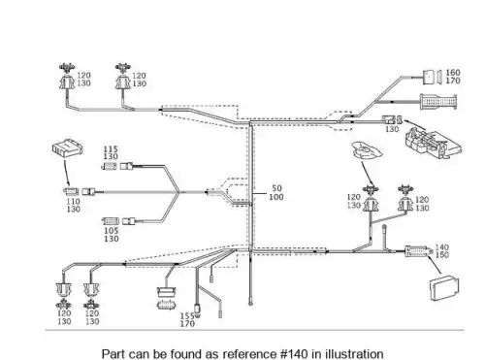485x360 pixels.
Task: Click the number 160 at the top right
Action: pyautogui.click(x=453, y=73)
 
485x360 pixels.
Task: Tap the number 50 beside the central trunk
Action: pyautogui.click(x=276, y=188)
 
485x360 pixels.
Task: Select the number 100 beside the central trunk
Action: pyautogui.click(x=276, y=197)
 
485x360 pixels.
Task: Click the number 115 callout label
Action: pyautogui.click(x=111, y=149)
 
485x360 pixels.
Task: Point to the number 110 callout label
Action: pyautogui.click(x=74, y=202)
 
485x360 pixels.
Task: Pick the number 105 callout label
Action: pyautogui.click(x=112, y=231)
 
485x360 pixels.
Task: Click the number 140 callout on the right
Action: pyautogui.click(x=442, y=247)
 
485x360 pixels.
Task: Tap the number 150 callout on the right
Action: pyautogui.click(x=442, y=255)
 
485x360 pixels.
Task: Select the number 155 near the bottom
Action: pyautogui.click(x=187, y=316)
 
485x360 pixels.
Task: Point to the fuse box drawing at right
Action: pyautogui.click(x=433, y=144)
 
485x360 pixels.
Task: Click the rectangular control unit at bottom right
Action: pyautogui.click(x=444, y=288)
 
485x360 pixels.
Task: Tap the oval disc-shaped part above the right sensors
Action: pyautogui.click(x=368, y=150)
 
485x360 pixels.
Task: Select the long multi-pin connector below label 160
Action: pyautogui.click(x=438, y=102)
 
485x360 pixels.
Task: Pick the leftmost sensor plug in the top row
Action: pyautogui.click(x=67, y=77)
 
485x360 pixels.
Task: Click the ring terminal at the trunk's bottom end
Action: pyautogui.click(x=250, y=303)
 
